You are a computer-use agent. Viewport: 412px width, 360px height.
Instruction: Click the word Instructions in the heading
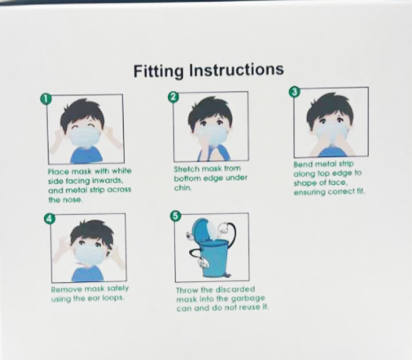[x=236, y=69]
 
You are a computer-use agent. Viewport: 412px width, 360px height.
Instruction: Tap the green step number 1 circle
[x=45, y=99]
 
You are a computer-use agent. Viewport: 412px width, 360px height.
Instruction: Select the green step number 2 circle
[x=173, y=97]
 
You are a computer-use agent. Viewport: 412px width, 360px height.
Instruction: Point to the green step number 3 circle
[x=294, y=92]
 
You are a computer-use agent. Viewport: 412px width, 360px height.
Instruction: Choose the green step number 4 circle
[x=50, y=218]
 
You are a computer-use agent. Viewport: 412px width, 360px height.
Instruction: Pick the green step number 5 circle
[x=176, y=216]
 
